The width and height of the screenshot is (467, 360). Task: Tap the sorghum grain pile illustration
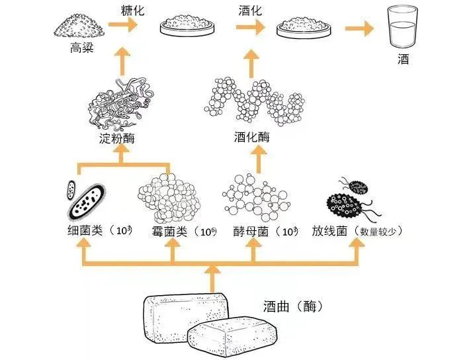79,27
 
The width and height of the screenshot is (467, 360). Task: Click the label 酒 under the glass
403,60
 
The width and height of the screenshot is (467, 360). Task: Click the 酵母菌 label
248,232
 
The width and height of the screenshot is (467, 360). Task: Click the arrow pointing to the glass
358,28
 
